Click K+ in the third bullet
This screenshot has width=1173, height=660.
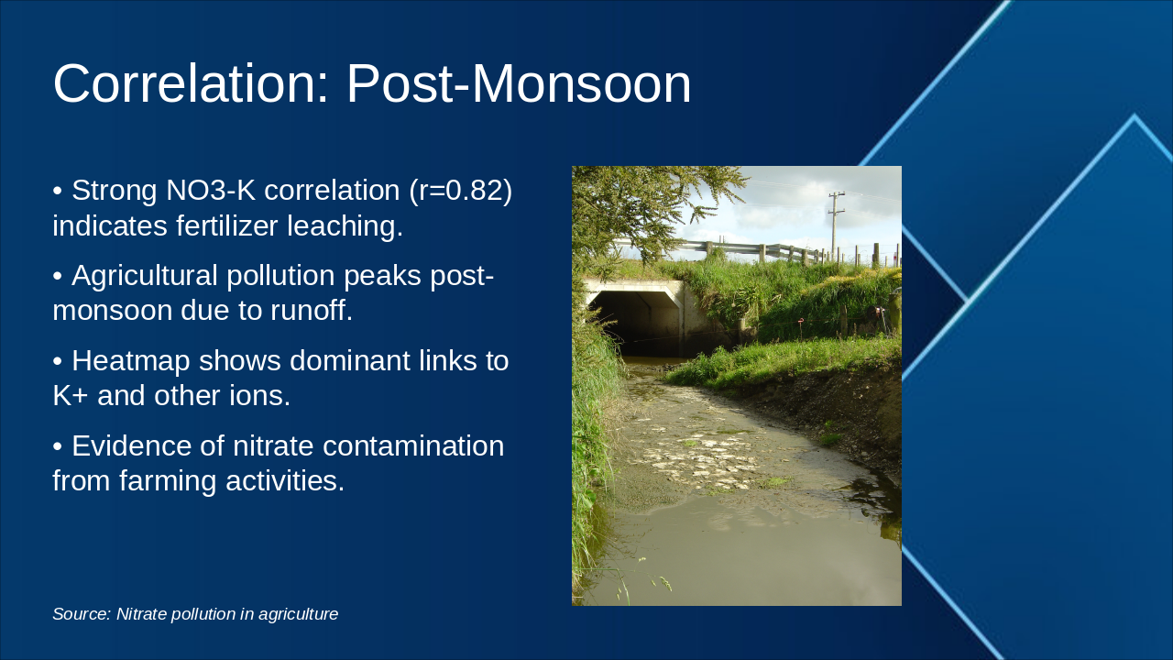71,396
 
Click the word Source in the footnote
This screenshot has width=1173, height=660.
81,614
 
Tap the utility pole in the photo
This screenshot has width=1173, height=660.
835,225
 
